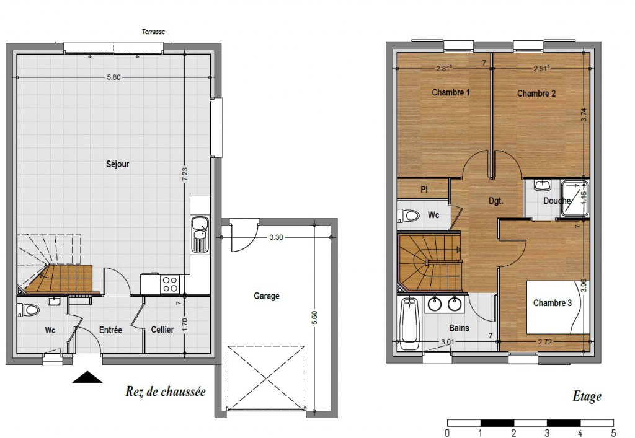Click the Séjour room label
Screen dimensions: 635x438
coord(117,164)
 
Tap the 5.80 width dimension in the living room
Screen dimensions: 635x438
coord(114,77)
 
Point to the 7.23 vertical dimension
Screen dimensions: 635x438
coord(185,174)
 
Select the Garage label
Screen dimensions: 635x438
coord(267,296)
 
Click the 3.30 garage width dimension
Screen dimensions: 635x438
coord(276,237)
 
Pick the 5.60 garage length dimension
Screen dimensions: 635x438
coord(314,317)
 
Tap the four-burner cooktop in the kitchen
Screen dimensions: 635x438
coord(170,284)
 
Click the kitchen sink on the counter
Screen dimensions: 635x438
coord(200,235)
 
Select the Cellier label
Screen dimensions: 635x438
coord(162,330)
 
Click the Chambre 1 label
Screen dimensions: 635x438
coord(451,92)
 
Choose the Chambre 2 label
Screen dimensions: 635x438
coord(536,94)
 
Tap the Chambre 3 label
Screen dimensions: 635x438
coord(553,303)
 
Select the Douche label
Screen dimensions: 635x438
coord(557,201)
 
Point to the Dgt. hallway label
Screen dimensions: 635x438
coord(496,201)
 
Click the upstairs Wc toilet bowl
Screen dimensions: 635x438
coord(409,215)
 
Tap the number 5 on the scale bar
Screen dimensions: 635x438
coord(613,433)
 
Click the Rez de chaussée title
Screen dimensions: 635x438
coord(166,392)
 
